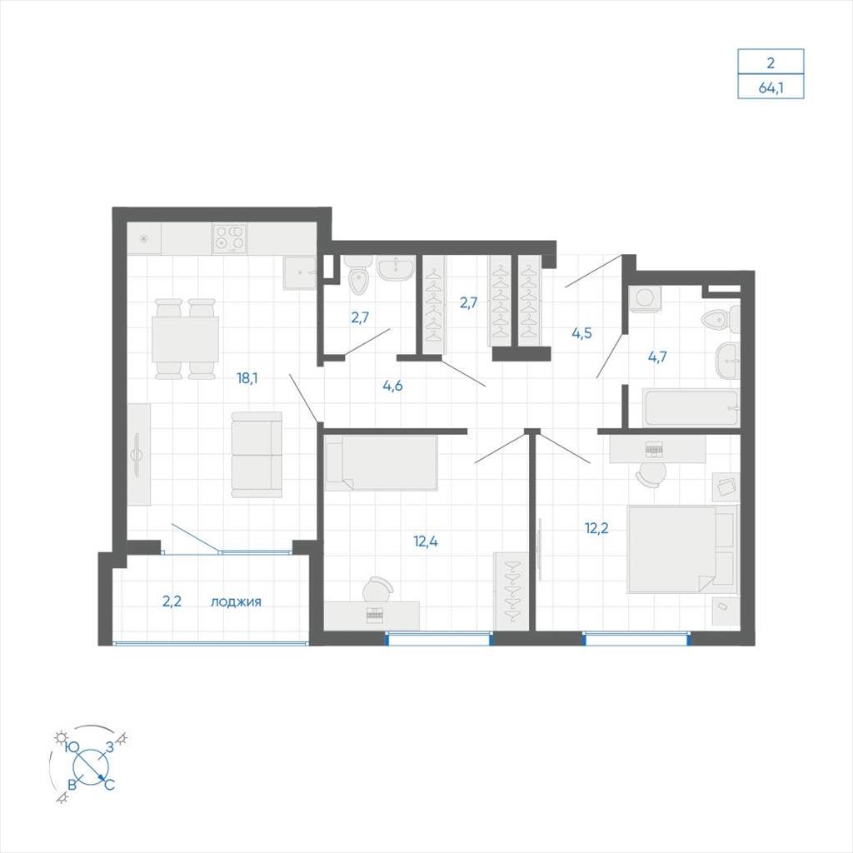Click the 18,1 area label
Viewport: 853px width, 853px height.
247,378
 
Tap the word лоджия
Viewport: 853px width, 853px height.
236,601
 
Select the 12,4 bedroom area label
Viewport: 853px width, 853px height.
426,541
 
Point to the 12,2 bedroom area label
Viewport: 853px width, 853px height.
596,527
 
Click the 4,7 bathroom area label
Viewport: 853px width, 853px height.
657,357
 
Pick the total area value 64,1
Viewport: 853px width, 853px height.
771,87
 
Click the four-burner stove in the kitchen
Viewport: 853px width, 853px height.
230,239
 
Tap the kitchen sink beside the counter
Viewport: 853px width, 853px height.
299,273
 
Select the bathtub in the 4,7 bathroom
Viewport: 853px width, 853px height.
691,408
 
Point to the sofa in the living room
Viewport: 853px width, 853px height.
257,455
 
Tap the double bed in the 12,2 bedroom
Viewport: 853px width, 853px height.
682,548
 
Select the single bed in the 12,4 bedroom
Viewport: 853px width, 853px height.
381,462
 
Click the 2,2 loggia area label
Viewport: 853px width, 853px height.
172,601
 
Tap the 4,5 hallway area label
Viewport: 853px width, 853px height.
581,333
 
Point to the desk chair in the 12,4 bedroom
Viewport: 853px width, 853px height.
378,589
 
